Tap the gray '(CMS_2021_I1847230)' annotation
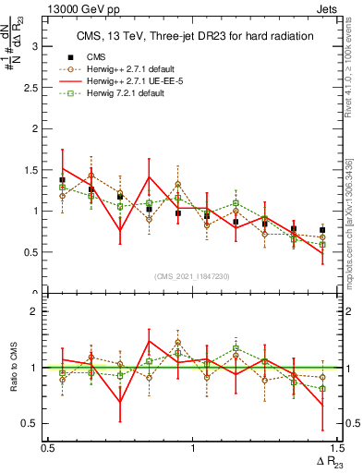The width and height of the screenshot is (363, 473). coord(192,276)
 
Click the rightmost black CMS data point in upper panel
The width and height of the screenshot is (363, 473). coord(322,230)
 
